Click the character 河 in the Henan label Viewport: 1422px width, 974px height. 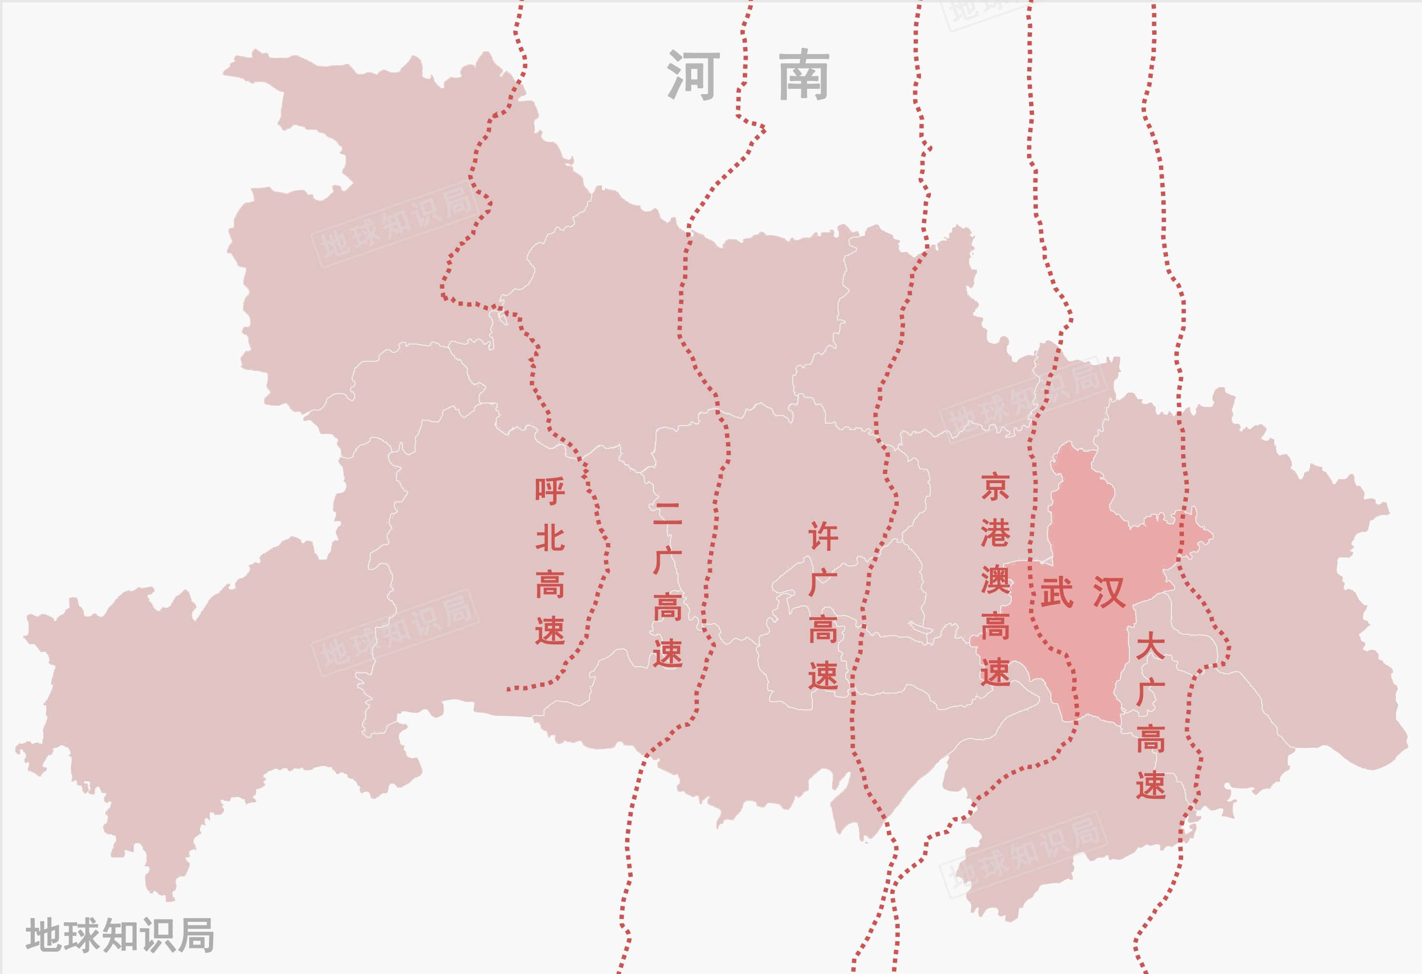[x=693, y=75]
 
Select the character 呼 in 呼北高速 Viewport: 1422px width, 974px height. [x=549, y=491]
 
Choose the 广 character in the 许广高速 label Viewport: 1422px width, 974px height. [x=823, y=583]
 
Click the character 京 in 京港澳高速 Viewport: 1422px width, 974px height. [x=994, y=487]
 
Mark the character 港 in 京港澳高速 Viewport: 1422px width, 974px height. [x=994, y=533]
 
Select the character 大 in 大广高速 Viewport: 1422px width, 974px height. [x=1150, y=647]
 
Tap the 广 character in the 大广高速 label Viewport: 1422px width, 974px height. [x=1150, y=693]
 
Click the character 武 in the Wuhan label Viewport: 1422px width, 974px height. [x=1057, y=592]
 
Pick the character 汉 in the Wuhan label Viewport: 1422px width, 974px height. [x=1109, y=592]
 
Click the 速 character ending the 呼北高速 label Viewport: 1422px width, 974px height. [x=549, y=631]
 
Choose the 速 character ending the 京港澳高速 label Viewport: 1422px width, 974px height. [x=994, y=672]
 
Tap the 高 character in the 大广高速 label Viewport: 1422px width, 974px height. [x=1150, y=739]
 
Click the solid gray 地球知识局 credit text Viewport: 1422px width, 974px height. [x=120, y=935]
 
